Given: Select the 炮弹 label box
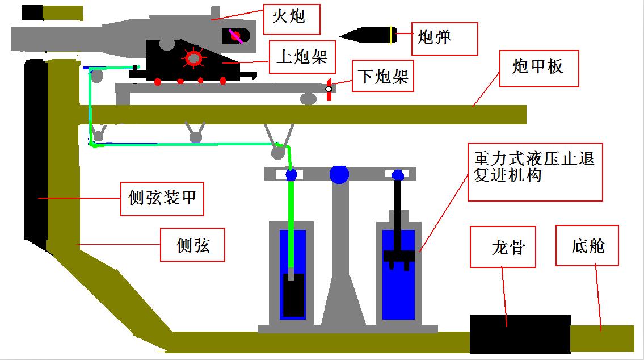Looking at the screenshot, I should [x=444, y=39].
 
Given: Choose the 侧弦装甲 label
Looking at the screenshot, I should [x=162, y=199].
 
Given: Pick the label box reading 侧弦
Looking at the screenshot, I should [x=192, y=245].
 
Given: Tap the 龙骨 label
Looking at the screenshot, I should [x=503, y=247].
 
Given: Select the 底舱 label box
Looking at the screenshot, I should [x=588, y=245].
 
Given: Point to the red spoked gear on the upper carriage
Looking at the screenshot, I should [x=193, y=58].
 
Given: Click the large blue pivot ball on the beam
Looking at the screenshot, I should [x=339, y=174].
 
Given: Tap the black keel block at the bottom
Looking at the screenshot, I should [x=519, y=334].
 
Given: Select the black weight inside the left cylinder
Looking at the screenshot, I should [x=294, y=295].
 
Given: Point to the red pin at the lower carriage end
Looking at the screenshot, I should [x=329, y=89].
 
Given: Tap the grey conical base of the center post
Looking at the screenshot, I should [x=340, y=301].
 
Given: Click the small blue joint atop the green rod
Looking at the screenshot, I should [x=291, y=175].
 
